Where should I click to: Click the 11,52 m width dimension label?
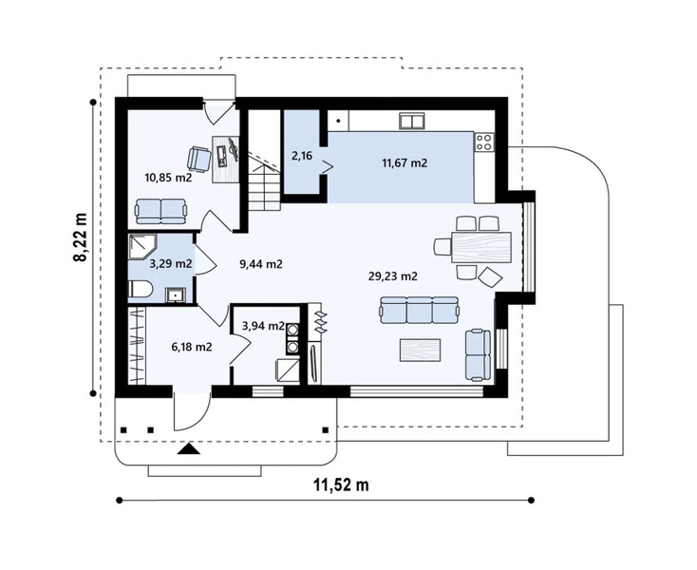(341, 484)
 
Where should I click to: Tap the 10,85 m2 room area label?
(168, 178)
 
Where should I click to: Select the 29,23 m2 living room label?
(393, 276)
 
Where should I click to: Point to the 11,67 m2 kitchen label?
(405, 163)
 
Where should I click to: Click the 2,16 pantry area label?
(302, 156)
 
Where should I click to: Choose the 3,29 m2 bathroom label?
(171, 264)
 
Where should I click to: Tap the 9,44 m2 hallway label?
(261, 264)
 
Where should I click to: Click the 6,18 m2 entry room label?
(192, 347)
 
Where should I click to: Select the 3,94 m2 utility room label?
(263, 326)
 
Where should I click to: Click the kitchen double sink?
(411, 121)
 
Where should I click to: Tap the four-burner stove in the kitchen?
(484, 142)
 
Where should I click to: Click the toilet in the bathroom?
(140, 290)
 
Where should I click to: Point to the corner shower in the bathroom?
(141, 247)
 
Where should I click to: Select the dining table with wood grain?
(480, 247)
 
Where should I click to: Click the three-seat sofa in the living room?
(419, 311)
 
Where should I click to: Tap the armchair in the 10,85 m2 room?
(199, 159)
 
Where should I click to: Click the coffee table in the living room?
(420, 350)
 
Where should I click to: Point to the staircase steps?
(264, 191)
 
